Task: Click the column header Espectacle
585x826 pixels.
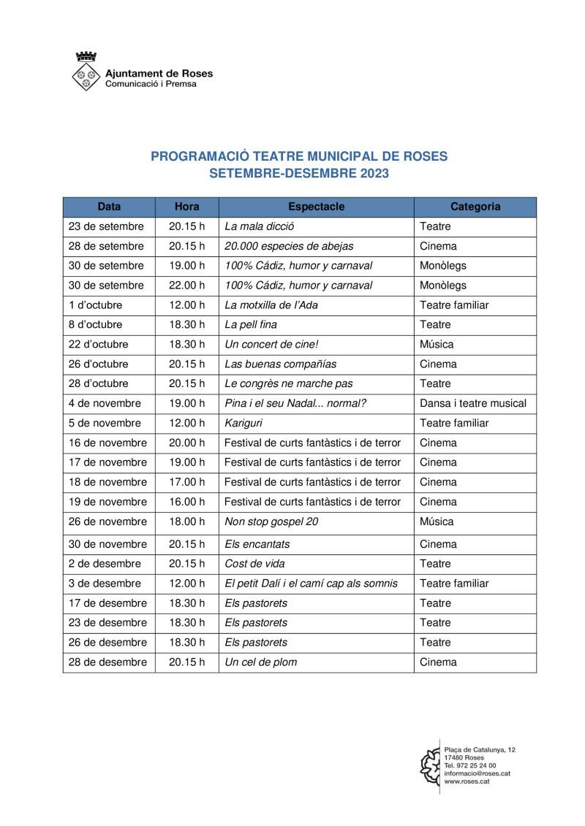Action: (316, 207)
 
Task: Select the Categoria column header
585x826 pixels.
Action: (475, 207)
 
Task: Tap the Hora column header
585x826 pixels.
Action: (186, 207)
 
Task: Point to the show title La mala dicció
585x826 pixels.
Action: (260, 226)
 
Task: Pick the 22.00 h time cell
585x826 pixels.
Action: (186, 286)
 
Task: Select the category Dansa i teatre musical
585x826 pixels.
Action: (473, 403)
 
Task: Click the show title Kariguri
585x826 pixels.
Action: (244, 423)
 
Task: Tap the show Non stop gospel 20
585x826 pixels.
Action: (271, 521)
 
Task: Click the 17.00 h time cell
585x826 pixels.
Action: (186, 482)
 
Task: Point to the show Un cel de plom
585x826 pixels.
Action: (260, 662)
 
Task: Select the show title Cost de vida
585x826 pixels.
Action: (254, 564)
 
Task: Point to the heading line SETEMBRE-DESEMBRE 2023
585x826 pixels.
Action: (298, 174)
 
